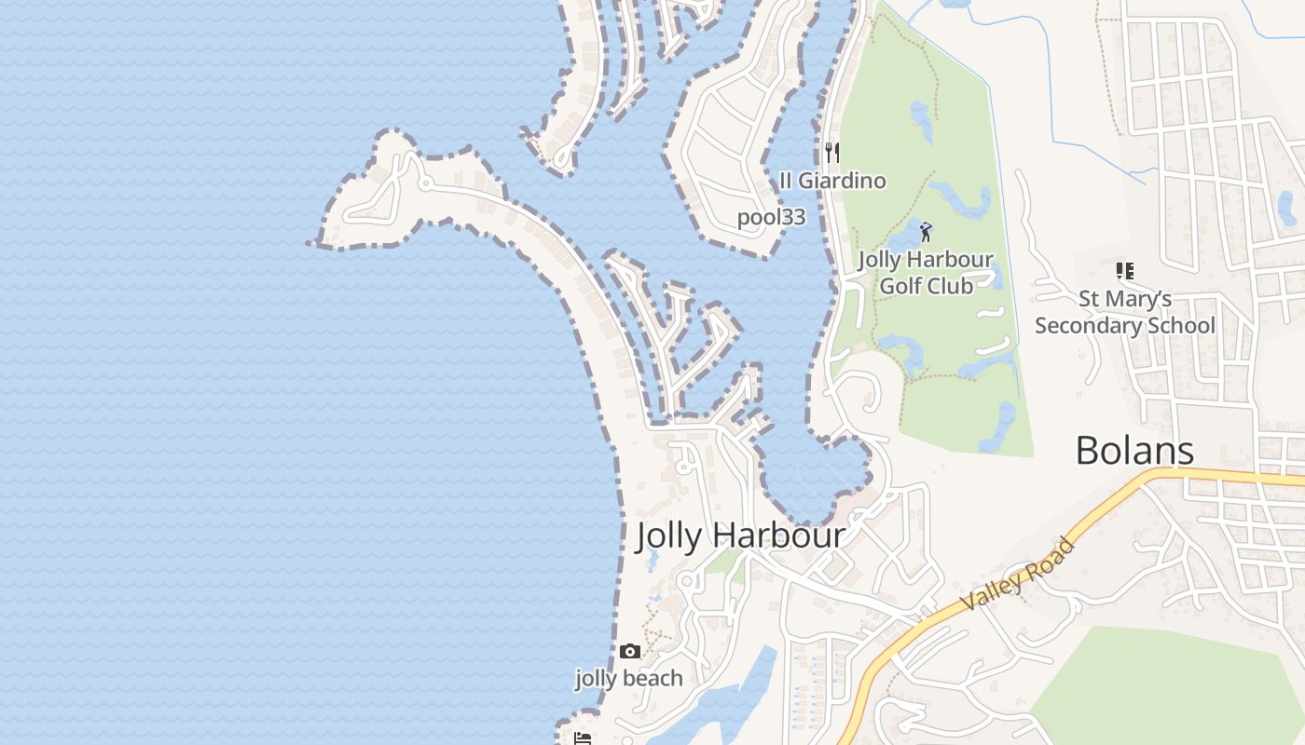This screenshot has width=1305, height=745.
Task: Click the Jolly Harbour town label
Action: [740, 535]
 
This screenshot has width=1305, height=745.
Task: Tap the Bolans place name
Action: [1134, 451]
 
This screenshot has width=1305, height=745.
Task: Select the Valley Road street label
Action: [1017, 575]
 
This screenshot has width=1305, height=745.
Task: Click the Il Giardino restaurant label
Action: [832, 181]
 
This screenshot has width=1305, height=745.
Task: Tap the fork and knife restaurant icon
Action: [832, 152]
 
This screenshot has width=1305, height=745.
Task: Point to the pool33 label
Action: [771, 218]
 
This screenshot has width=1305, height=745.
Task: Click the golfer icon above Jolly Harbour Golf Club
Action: [926, 232]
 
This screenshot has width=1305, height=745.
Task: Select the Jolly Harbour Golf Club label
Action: [926, 273]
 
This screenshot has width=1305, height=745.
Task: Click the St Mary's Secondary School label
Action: [1125, 312]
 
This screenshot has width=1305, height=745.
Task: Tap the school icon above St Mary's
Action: [1125, 271]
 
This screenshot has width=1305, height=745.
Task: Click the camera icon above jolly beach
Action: [629, 652]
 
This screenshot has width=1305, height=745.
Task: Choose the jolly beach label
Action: [629, 679]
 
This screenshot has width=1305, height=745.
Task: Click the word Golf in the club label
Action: [900, 286]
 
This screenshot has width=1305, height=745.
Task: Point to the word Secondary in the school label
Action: [1097, 326]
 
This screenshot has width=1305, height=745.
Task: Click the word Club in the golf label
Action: [952, 286]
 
